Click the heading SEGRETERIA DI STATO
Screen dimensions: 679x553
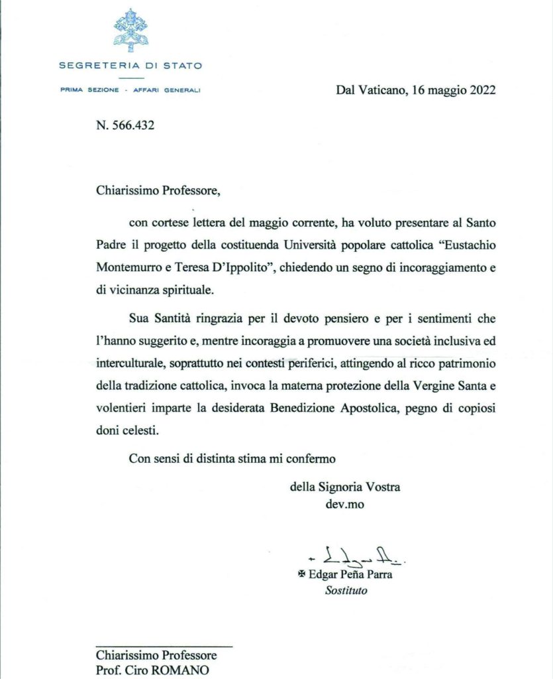(x=130, y=66)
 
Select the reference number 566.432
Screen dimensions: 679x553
(x=134, y=125)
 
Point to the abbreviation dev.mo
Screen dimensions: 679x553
(x=342, y=503)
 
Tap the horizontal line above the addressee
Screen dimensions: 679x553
(x=164, y=645)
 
